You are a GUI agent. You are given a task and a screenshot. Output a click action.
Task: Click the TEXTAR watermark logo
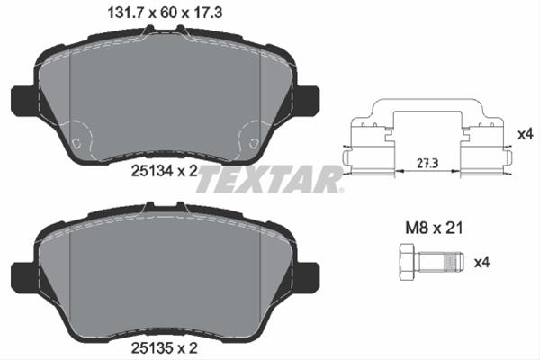269,178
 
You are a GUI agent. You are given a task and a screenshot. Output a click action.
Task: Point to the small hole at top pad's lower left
78,144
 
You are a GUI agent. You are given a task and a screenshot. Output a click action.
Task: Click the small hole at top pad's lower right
250,144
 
